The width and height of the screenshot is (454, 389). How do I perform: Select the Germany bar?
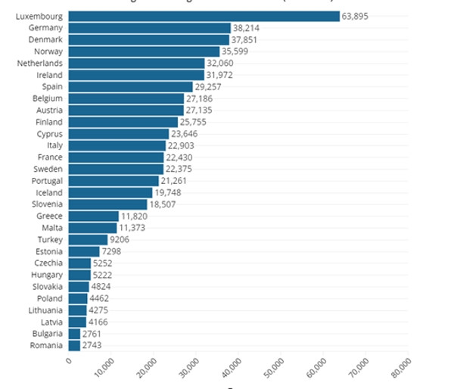coord(150,28)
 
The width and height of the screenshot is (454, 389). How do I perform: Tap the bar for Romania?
coord(74,345)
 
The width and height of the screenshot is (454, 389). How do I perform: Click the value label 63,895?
coord(355,16)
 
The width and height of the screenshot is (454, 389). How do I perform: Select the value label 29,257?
coord(209,86)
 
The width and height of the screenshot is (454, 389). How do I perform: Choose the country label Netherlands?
coord(39,63)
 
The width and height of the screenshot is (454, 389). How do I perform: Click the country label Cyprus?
coord(49,133)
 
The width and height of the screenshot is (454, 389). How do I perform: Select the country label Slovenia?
coord(47,204)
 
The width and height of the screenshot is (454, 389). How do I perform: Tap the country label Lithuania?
coord(45,310)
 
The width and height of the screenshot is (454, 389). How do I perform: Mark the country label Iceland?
coord(49,192)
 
